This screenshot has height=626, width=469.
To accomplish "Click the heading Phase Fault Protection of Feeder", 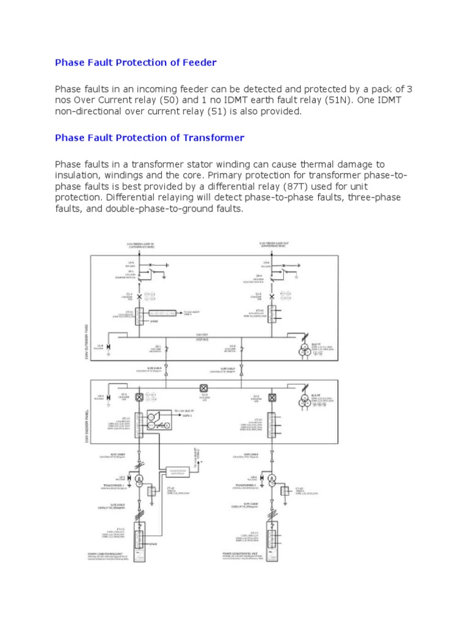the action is click(x=136, y=62).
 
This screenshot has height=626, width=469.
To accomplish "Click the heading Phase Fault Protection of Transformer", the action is click(x=150, y=138).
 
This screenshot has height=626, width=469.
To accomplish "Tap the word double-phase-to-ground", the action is click(x=159, y=208).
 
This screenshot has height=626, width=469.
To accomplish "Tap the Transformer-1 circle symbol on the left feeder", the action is click(x=139, y=479).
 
